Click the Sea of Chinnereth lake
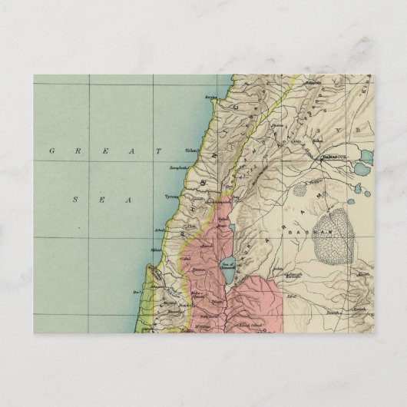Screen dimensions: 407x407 pos(227,271)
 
